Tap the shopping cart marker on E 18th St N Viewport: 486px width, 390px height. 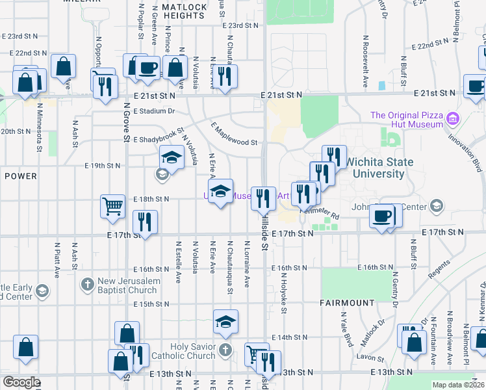112,207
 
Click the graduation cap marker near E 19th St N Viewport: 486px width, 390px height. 172,157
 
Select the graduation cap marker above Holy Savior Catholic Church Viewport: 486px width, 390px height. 225,322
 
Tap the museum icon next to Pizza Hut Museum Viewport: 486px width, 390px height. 453,120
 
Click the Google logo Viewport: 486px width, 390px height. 21,382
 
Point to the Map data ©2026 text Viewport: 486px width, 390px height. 458,385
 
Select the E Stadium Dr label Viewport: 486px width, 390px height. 155,111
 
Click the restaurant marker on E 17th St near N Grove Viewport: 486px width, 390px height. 144,223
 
